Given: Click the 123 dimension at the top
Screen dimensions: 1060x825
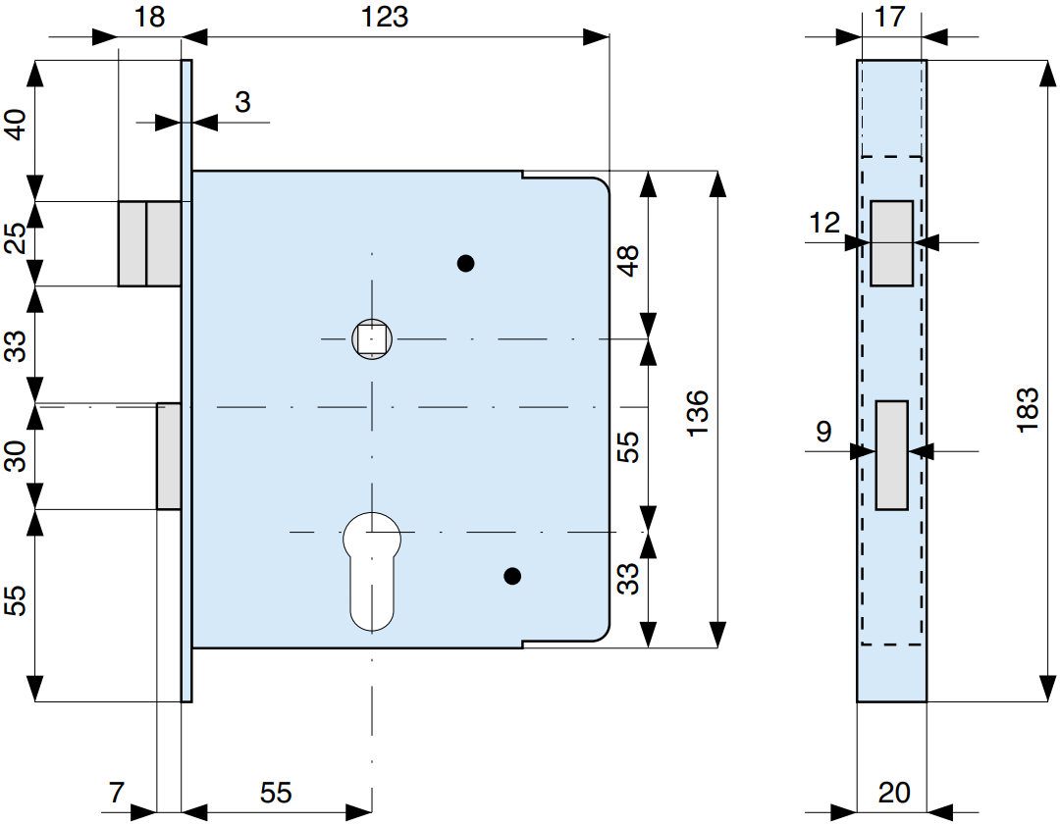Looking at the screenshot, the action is pos(385,17).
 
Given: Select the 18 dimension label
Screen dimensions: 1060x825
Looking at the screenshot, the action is pos(149,17).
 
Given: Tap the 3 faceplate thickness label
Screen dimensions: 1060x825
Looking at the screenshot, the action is pos(242,102).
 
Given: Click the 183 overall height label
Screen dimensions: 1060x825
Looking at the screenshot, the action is pos(1027,410).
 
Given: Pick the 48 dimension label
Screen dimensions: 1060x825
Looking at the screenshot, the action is pos(628,261).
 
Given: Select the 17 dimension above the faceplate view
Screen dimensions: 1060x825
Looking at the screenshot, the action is pos(889,17).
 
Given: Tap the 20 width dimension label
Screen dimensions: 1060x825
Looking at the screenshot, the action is pos(894,793).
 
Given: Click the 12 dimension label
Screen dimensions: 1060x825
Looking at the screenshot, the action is pos(824,223).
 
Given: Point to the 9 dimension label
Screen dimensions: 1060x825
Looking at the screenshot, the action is pos(823,431).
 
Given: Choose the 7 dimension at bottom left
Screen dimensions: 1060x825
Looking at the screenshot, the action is pos(117,793).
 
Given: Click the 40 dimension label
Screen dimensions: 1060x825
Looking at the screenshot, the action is pos(16,125).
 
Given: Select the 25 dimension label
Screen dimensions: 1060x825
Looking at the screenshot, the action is pos(16,237).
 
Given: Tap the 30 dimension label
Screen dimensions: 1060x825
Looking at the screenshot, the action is pos(16,456).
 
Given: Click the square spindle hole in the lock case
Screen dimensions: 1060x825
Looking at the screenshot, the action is pos(372,338).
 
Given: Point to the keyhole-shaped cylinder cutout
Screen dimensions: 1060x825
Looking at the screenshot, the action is pos(372,571).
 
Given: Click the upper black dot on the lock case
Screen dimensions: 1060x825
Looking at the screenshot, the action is pos(466,263).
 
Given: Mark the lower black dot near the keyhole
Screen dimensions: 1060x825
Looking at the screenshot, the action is pos(512,577).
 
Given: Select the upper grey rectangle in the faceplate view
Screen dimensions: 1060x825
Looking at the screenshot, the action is pos(891,243).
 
